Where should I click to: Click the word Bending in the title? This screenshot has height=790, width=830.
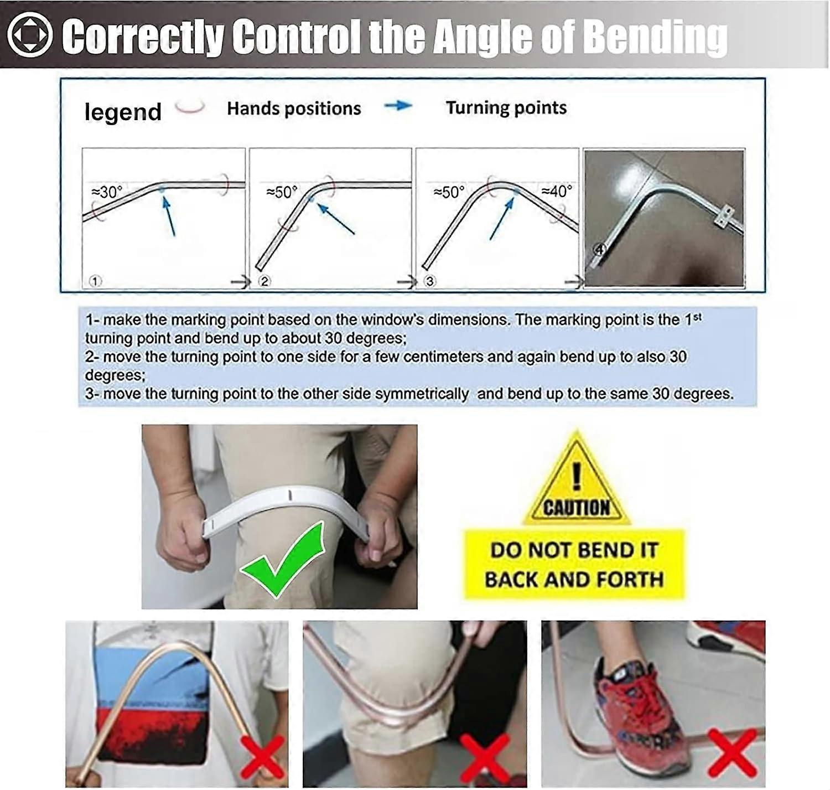(658, 38)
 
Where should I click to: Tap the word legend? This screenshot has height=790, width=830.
(123, 112)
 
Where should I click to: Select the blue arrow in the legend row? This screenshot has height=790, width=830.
(398, 106)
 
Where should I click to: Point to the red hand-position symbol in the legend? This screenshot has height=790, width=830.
(190, 107)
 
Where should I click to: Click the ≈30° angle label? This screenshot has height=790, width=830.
(107, 192)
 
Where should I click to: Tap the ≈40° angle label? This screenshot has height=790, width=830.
(557, 192)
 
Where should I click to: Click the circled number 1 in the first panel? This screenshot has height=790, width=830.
(95, 281)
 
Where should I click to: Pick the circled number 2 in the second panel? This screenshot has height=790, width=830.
(264, 281)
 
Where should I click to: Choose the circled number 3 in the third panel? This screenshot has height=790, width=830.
(430, 281)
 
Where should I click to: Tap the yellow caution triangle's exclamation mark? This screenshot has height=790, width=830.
(577, 475)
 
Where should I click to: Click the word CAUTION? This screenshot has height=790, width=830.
(577, 507)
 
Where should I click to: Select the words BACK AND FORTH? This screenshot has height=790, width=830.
(574, 579)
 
